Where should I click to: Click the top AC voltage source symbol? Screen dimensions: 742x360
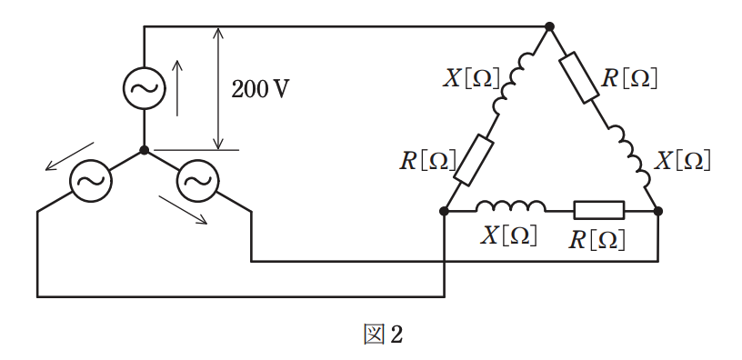tap(145, 88)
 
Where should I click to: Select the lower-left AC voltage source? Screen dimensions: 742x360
tap(91, 181)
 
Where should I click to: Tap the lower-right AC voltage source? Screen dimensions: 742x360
tap(198, 181)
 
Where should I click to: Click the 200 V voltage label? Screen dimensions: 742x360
tap(260, 89)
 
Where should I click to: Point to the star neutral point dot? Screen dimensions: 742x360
tap(145, 150)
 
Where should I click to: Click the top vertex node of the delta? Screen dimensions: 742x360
tap(549, 26)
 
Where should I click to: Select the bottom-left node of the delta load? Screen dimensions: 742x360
tap(444, 211)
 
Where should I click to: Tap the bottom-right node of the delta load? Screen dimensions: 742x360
tap(657, 211)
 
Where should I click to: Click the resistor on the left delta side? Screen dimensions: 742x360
tap(474, 160)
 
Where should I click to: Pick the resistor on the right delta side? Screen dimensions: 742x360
tap(579, 77)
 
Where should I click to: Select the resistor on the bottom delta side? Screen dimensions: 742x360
tap(599, 211)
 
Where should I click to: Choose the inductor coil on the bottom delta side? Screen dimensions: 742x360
tap(511, 206)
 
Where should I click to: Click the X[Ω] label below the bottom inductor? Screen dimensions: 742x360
tap(508, 235)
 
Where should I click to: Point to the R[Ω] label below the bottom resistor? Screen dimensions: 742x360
tap(597, 240)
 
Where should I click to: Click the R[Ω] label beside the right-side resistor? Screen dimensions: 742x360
tap(629, 78)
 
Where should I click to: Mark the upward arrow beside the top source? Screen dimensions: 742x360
tap(177, 88)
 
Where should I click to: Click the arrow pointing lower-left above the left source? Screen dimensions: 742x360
tap(69, 156)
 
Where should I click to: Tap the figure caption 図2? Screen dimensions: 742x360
tap(383, 335)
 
